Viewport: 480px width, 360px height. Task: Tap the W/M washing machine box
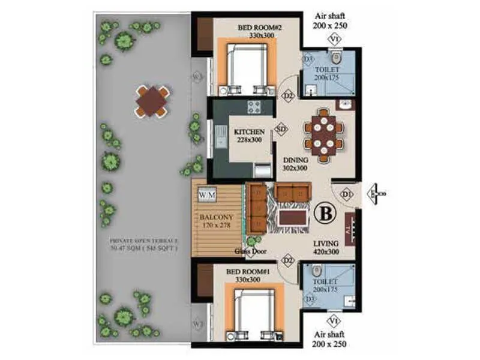point(206,194)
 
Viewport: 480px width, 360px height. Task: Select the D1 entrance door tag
point(346,194)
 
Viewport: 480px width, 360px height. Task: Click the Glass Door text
point(251,251)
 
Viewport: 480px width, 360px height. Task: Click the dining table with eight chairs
point(323,136)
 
